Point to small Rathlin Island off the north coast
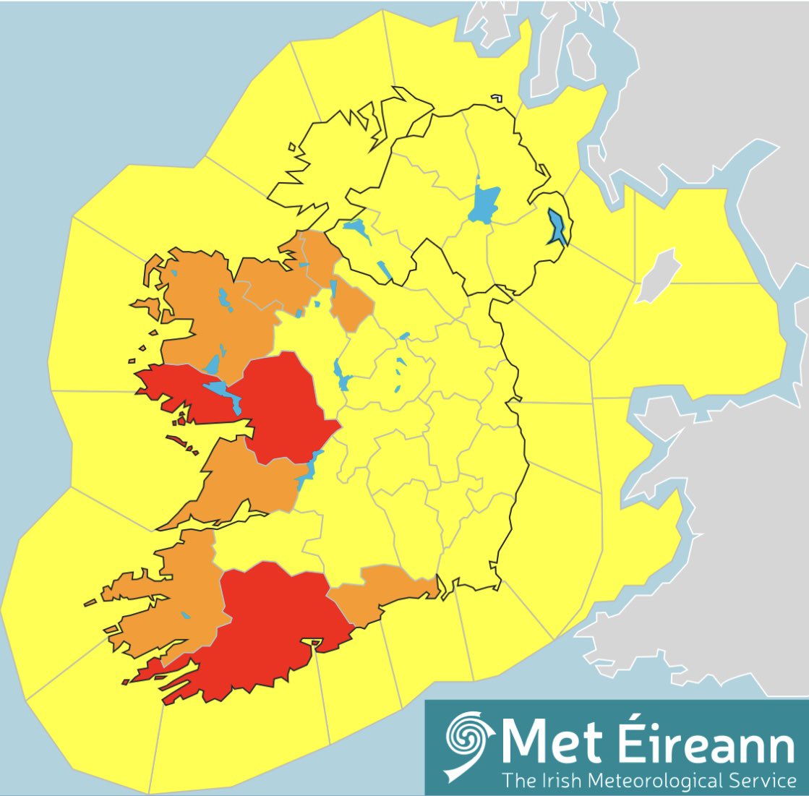496,98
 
